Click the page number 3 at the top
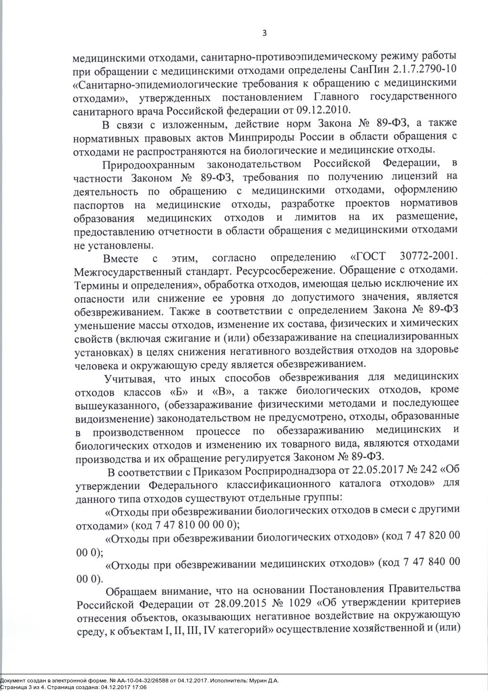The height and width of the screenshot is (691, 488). [264, 33]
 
